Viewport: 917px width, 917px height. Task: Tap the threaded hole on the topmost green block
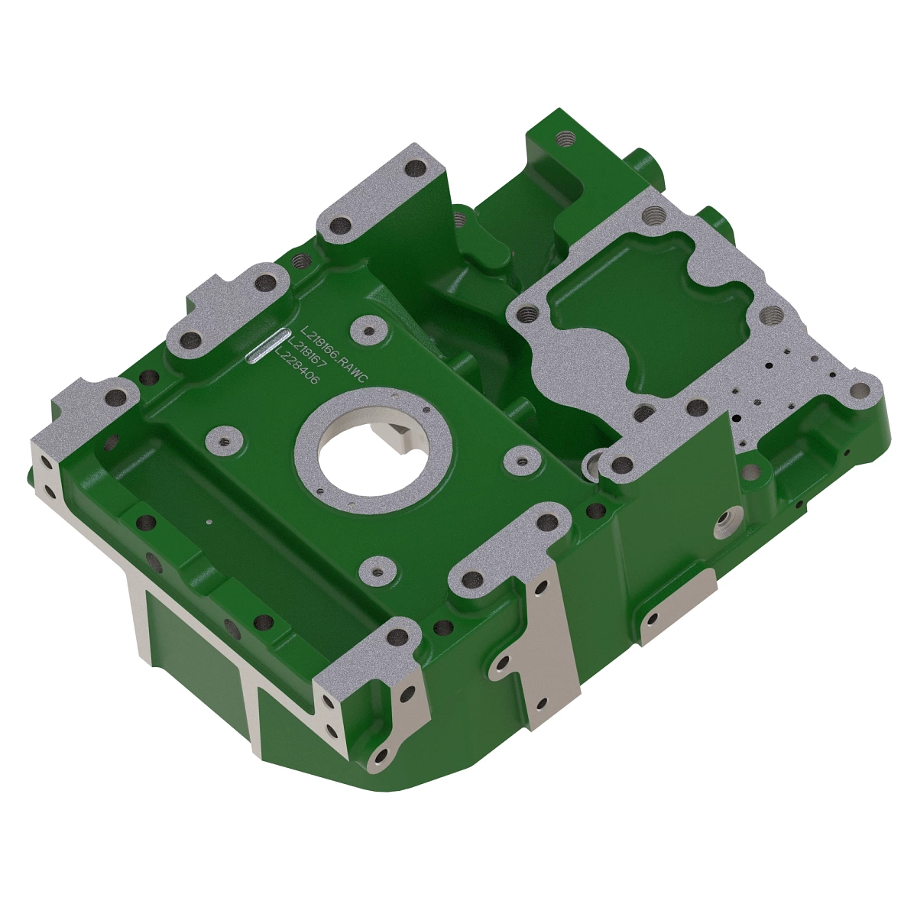click(x=565, y=138)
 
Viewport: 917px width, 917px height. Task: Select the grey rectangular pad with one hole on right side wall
click(x=678, y=606)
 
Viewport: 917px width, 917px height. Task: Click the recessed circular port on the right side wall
click(x=724, y=526)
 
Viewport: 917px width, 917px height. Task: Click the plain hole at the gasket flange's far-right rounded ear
click(x=860, y=390)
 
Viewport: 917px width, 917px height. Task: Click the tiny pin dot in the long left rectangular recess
click(x=209, y=522)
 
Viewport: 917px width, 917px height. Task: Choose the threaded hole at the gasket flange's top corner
click(x=653, y=216)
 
